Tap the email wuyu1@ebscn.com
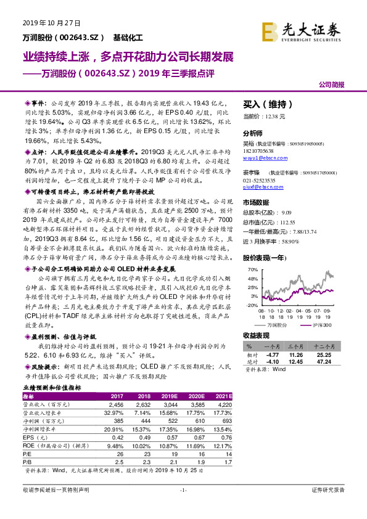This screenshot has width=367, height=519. (262, 158)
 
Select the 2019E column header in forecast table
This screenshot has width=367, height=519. (167, 396)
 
